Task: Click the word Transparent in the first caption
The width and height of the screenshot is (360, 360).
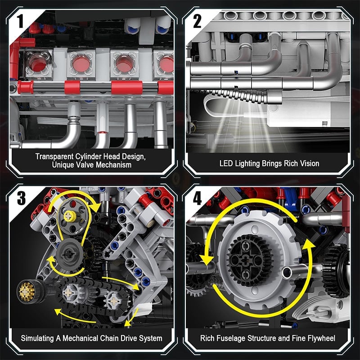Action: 53,156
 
